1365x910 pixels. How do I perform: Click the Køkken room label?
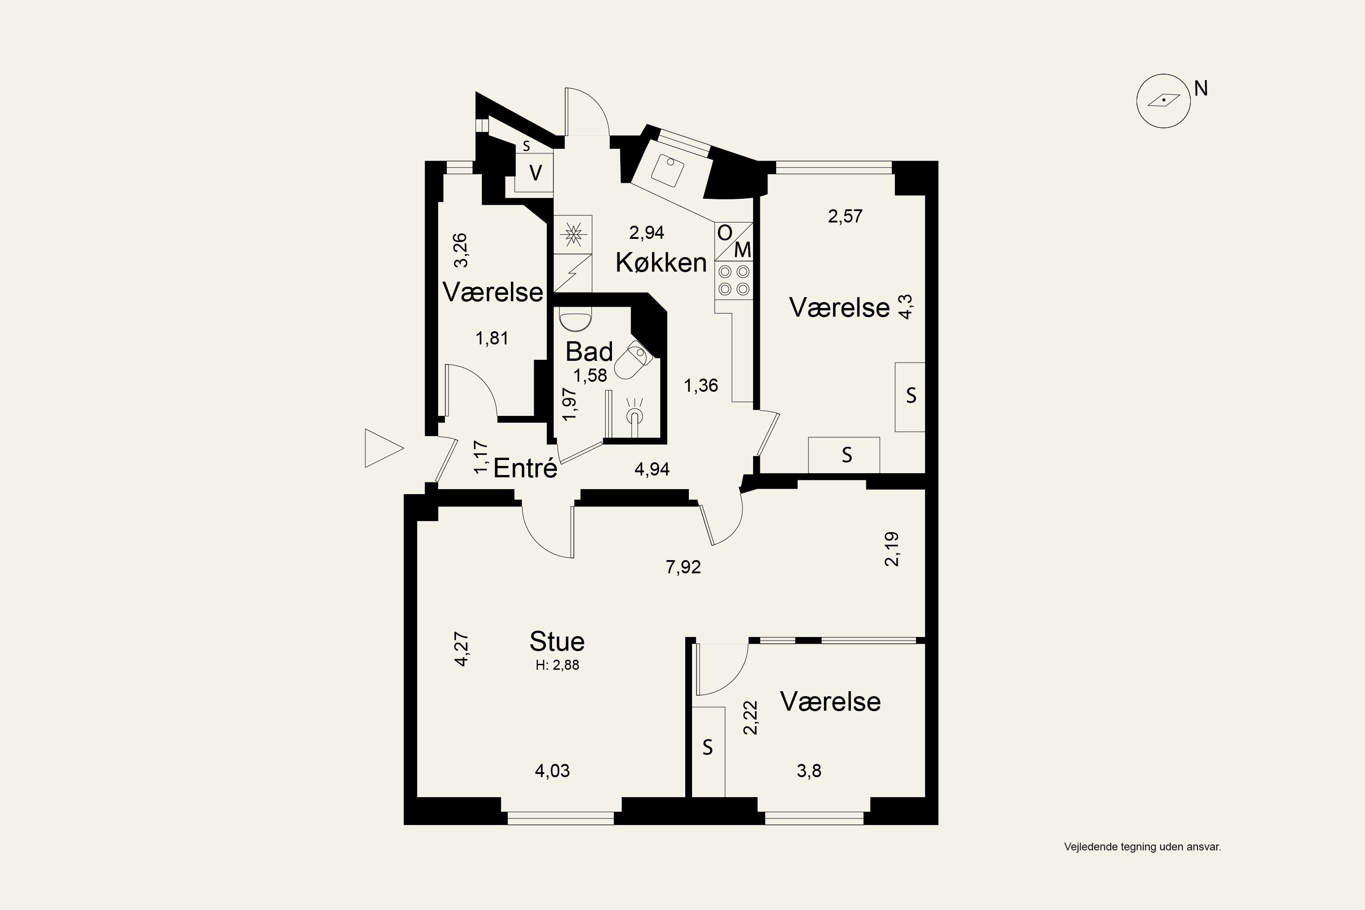(661, 263)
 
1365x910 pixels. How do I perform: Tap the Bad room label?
(589, 352)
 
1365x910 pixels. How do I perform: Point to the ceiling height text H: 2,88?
(557, 665)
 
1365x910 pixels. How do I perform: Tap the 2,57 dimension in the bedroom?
(845, 217)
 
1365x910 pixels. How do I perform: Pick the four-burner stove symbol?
(733, 280)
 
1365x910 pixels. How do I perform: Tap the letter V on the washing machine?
(536, 173)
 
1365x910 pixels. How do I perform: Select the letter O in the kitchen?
(724, 233)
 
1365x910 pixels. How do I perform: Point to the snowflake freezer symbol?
(573, 234)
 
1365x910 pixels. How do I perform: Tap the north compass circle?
(1163, 101)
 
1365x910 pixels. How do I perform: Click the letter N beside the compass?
(1201, 89)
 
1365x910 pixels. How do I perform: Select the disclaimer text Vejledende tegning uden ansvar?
(1142, 847)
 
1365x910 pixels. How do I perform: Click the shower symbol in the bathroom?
(634, 415)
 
